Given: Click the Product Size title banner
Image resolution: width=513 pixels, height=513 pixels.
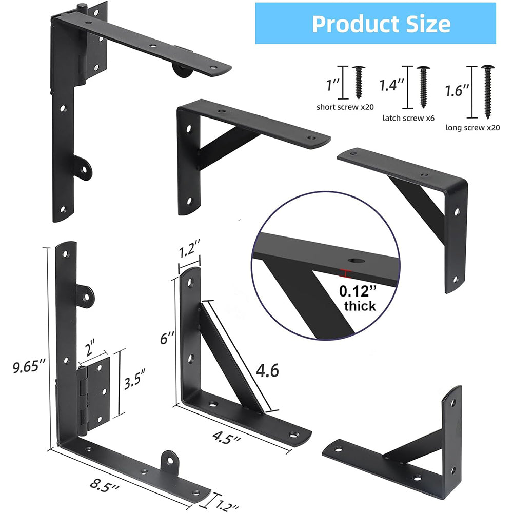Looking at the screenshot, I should (x=381, y=24).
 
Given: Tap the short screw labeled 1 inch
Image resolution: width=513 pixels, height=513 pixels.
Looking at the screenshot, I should (x=359, y=82).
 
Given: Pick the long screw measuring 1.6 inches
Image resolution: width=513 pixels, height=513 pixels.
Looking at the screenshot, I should (x=486, y=90).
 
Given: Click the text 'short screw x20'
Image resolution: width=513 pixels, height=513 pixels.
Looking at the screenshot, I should (x=345, y=107).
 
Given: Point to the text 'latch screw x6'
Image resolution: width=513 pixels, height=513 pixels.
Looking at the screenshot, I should (x=408, y=117).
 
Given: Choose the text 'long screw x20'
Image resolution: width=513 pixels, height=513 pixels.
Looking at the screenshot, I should (x=472, y=128).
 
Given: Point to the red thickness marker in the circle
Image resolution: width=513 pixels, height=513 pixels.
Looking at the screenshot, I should (x=347, y=273).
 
